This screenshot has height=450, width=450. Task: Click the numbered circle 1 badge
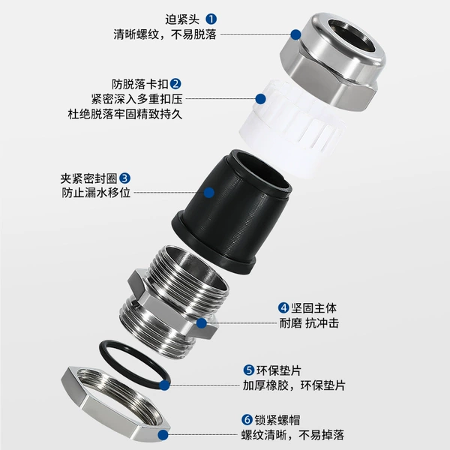coord(211,19)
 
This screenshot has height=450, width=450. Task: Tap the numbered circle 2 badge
coord(175,84)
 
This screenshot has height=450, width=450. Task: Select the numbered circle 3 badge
coord(124,178)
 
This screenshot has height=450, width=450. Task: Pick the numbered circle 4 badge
coord(283,308)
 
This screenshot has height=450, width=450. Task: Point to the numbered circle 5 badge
coord(249,370)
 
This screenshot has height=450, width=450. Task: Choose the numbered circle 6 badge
coord(247,420)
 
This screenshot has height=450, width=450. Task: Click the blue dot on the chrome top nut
coord(295,34)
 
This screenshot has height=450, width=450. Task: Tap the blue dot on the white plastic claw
coord(260,99)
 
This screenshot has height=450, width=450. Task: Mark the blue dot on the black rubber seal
coord(209,193)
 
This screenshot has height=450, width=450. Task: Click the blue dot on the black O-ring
coord(164,385)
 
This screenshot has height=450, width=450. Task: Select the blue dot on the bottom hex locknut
coord(163,435)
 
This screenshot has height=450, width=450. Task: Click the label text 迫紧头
coord(182,19)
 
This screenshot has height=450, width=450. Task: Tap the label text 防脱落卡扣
coord(140,84)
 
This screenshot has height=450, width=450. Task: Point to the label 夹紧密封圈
coord(88,178)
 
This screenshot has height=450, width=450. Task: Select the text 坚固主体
coord(313,308)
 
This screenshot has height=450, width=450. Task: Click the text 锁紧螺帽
coord(277,420)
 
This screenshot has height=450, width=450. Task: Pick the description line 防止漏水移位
coord(96,193)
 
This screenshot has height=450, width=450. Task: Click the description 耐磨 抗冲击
coord(309,323)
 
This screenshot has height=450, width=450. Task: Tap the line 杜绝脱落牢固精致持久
coord(125,114)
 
